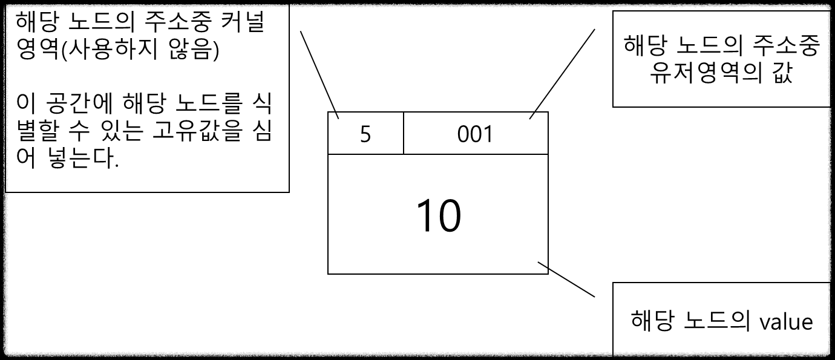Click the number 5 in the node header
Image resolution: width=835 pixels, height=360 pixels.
[365, 134]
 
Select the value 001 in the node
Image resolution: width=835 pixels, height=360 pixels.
[475, 134]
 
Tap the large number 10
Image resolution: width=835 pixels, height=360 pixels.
[439, 216]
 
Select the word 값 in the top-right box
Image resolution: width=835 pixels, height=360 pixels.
[781, 74]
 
